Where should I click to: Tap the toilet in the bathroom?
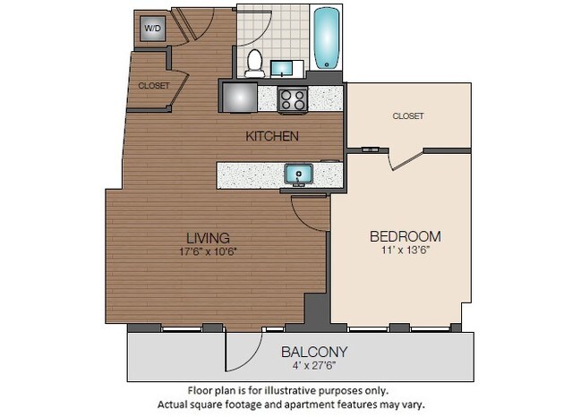click(253, 63)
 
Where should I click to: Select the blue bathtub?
click(327, 38)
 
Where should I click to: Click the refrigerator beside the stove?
click(239, 97)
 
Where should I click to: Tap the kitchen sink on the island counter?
click(297, 173)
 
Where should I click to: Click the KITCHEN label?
click(273, 136)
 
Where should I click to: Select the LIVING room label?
click(208, 238)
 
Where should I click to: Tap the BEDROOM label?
click(405, 236)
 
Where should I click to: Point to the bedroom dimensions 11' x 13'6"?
click(405, 251)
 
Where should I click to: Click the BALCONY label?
click(314, 352)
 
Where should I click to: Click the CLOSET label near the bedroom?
click(407, 116)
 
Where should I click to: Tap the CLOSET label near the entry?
click(154, 86)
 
